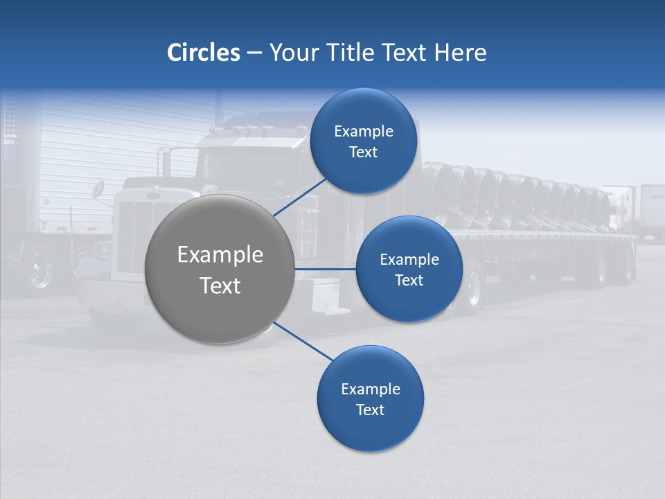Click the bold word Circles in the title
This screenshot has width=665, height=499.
(203, 53)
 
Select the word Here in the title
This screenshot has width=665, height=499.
(461, 53)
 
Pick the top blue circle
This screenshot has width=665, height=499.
(364, 111)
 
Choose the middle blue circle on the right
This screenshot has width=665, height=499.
(409, 239)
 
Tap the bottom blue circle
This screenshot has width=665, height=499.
(370, 430)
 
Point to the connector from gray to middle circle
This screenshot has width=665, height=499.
(325, 269)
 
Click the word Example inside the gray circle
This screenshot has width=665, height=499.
(220, 255)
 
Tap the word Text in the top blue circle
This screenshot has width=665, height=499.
(364, 152)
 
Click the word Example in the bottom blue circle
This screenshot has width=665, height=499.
(370, 389)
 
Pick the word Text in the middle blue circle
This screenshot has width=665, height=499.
(409, 280)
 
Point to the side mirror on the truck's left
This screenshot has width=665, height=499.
(99, 189)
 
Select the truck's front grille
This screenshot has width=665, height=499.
(132, 236)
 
